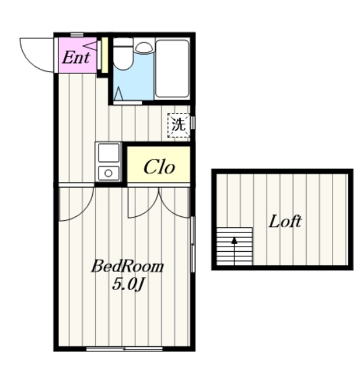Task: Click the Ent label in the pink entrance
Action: pos(76,57)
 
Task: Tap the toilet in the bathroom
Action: pos(123,54)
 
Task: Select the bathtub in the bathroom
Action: pos(172,69)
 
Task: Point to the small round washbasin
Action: pos(144,48)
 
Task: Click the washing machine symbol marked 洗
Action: pos(179,125)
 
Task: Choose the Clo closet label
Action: pos(159,167)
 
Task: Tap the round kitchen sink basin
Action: pos(109,174)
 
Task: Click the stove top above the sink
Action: pos(109,153)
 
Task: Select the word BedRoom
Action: pos(128,266)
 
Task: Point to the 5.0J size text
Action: pos(128,284)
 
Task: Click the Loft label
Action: pos(285,221)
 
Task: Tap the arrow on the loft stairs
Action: pos(235,251)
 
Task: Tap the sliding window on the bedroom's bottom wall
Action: pos(124,349)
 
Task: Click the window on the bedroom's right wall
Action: pos(193,244)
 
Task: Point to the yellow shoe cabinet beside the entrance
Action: pos(105,55)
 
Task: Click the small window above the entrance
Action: pos(77,35)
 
